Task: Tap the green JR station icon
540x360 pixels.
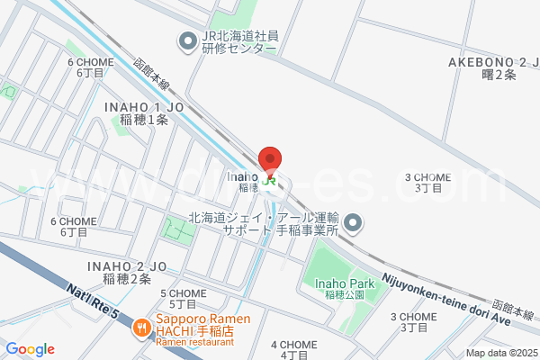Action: point(270,179)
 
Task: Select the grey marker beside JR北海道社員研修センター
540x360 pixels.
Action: point(188,40)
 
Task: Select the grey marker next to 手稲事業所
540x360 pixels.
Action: point(354,222)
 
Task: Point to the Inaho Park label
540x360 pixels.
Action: point(344,288)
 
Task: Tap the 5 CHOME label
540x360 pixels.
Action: point(183,298)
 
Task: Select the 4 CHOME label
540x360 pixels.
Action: point(294,349)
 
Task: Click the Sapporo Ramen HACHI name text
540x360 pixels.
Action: point(195,325)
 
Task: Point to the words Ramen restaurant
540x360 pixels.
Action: point(194,343)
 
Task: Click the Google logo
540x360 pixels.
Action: point(30,349)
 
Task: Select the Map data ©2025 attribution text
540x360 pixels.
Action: point(500,353)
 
